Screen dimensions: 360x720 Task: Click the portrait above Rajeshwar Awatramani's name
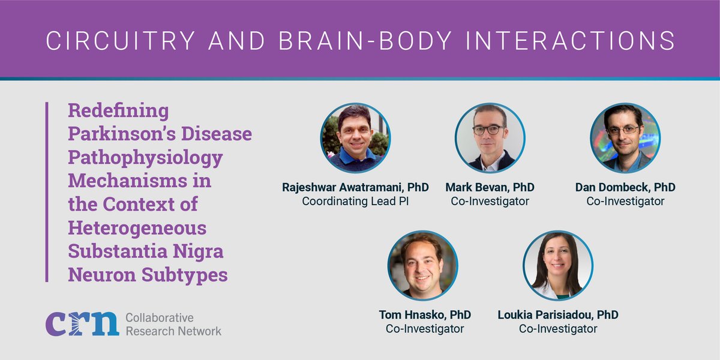coord(355,138)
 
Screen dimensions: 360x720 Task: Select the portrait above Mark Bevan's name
coord(490,138)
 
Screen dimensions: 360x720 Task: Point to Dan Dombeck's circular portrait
coord(625,138)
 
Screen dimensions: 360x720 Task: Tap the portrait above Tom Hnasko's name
coord(422,265)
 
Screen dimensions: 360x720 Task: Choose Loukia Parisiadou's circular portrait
coord(558,265)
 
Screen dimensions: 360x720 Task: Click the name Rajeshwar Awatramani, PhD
coord(355,188)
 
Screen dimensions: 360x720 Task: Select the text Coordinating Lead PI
coord(355,202)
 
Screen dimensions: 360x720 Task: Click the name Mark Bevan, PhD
coord(490,188)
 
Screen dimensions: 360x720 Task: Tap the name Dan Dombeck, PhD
coord(625,188)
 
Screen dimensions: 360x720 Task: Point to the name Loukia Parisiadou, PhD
coord(558,315)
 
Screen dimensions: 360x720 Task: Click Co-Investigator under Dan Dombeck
coord(625,202)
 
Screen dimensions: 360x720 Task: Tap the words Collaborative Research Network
coord(173,324)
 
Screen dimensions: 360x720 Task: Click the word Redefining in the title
coord(118,112)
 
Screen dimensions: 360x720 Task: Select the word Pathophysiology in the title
coord(145,158)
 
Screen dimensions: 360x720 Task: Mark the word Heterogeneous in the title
coord(137,228)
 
